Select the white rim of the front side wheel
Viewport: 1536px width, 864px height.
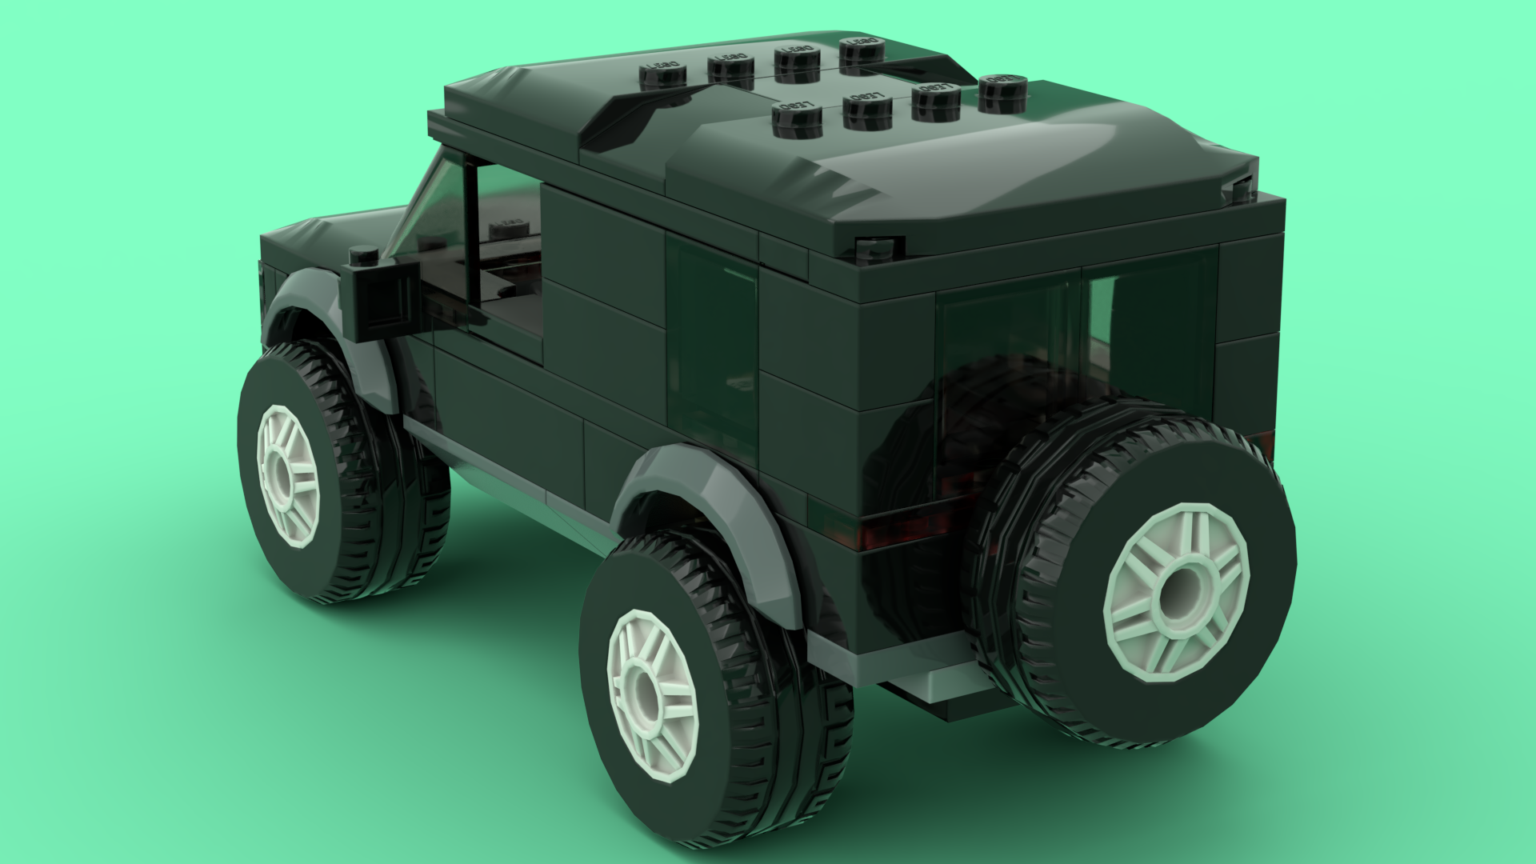288,475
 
